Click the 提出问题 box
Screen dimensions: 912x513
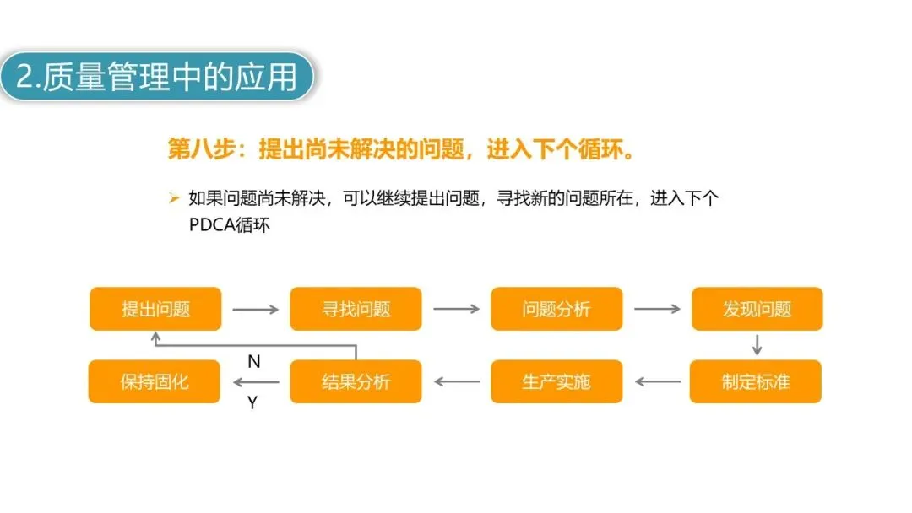point(155,309)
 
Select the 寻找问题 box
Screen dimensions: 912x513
point(356,309)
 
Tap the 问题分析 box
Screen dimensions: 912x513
point(556,309)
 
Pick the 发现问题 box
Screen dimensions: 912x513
point(757,309)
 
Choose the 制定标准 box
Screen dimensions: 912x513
point(755,381)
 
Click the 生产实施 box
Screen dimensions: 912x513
point(556,381)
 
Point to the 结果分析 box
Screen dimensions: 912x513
point(356,381)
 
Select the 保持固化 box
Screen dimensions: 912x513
point(155,381)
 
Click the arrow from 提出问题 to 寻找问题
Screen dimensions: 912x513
point(255,310)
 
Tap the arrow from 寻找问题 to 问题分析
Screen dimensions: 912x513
point(456,310)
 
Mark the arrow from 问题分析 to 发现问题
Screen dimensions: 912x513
point(657,310)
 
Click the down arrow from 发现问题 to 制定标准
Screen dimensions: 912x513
point(757,345)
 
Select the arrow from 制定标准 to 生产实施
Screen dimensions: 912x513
point(657,381)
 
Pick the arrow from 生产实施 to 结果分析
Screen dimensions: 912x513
point(456,381)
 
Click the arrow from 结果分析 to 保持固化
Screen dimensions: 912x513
point(255,381)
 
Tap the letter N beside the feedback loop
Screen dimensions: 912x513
point(253,362)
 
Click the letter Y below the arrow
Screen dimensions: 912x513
point(252,402)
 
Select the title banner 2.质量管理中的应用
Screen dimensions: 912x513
point(157,78)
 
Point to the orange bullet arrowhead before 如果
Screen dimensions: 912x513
point(174,199)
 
